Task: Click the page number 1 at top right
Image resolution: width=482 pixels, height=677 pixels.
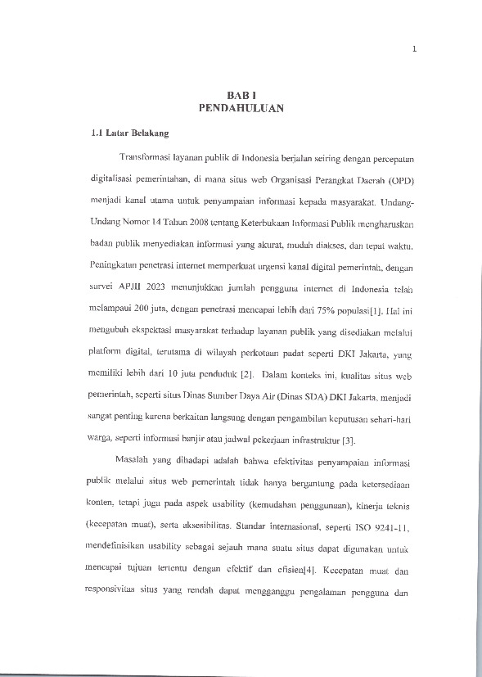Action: tap(415, 48)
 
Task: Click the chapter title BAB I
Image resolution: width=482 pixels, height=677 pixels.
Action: tap(241, 95)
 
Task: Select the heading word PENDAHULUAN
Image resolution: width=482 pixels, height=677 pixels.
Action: tap(241, 107)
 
